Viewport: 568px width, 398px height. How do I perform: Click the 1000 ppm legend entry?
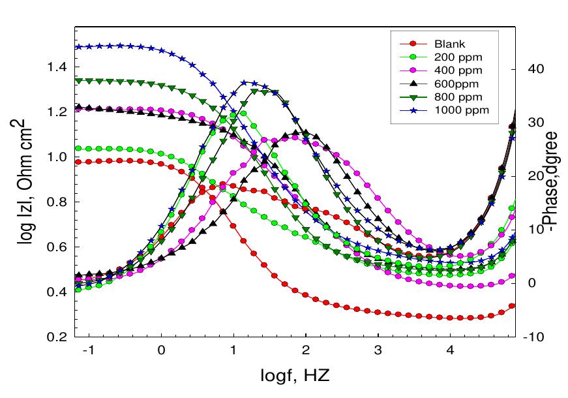coord(456,110)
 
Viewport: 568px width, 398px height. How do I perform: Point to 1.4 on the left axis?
coord(57,67)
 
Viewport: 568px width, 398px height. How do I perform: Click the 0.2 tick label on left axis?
coord(57,337)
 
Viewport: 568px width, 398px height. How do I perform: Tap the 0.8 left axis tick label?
coord(57,202)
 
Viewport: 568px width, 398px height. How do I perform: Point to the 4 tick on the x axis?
coord(450,350)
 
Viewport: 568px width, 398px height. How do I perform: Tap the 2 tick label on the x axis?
coord(306,350)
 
